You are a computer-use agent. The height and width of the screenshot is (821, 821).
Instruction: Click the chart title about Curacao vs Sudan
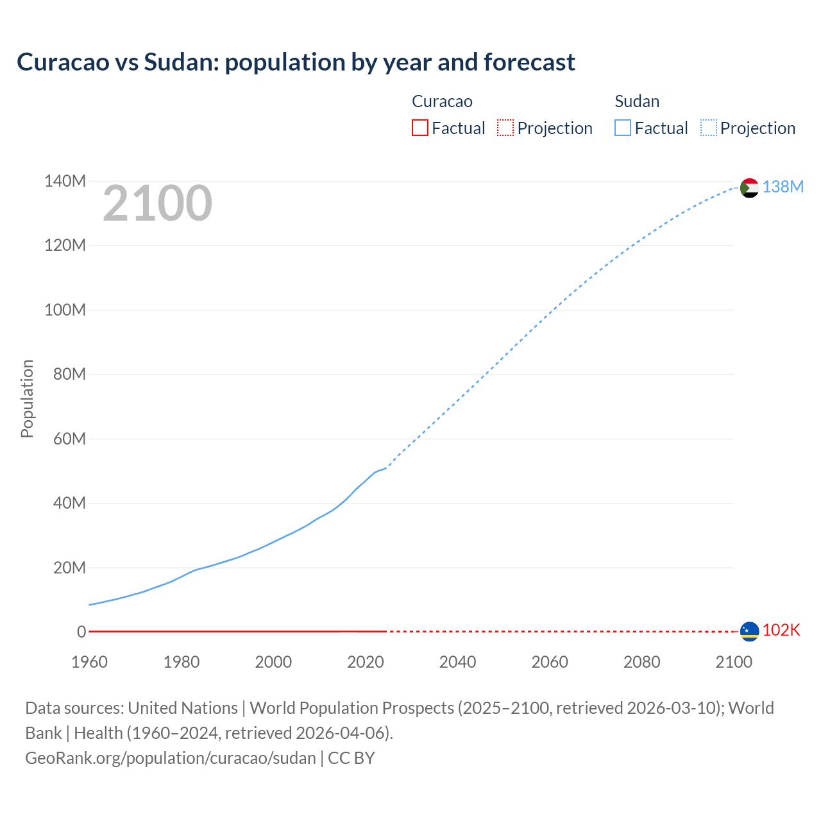[296, 62]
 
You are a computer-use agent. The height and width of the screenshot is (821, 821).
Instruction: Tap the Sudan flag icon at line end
[749, 188]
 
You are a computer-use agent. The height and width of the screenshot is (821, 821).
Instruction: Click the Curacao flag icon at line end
[749, 631]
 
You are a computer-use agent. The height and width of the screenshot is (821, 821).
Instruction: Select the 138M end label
[783, 187]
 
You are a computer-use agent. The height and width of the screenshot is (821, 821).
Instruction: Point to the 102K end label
[781, 630]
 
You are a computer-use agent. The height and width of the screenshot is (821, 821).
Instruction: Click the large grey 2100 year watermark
[157, 203]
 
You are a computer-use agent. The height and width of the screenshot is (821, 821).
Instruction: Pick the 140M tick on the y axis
[65, 182]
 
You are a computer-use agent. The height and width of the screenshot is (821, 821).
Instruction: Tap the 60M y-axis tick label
[69, 439]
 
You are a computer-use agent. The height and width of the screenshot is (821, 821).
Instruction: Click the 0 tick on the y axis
[81, 632]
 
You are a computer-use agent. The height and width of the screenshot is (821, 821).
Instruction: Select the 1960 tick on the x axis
[89, 662]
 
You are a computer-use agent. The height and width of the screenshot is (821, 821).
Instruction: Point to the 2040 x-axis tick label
[457, 662]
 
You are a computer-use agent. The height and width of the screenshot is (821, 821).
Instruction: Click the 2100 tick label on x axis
[734, 662]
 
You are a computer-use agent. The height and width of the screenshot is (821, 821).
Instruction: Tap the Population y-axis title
[27, 398]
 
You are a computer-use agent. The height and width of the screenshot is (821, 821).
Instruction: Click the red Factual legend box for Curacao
[419, 128]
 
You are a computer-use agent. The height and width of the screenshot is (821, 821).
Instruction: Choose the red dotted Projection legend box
[505, 128]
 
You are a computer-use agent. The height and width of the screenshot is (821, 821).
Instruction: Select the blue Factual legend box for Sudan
[622, 128]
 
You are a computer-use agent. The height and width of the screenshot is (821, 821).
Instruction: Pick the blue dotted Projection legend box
[708, 128]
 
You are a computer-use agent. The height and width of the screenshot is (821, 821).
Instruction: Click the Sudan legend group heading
[636, 101]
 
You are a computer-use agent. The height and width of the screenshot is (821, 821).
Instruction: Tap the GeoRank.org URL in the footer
[171, 758]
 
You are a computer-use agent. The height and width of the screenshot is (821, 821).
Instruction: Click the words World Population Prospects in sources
[351, 708]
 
